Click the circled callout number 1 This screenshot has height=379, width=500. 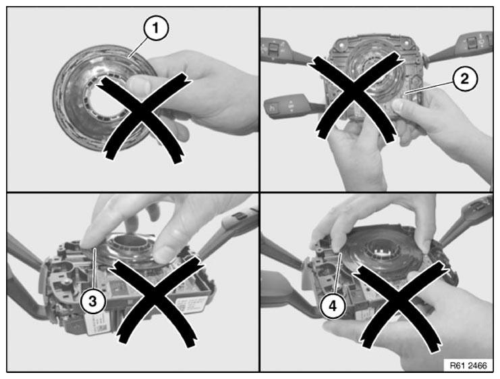156,28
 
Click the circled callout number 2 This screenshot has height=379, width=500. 465,78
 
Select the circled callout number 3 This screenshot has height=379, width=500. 93,301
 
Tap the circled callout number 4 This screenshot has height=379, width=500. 333,306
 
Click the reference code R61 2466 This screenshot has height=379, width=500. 468,365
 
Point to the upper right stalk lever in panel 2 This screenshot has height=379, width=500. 460,47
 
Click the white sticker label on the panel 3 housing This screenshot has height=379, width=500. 99,323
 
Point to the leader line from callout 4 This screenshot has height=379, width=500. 337,274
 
